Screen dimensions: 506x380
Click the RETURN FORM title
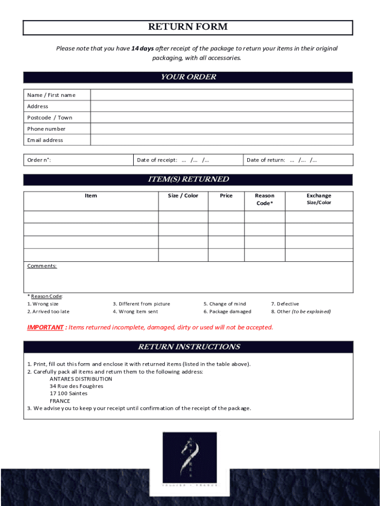tap(188, 27)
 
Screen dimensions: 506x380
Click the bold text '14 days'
tap(143, 48)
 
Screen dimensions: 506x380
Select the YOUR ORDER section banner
tap(188, 77)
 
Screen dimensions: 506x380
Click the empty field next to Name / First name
tap(221, 95)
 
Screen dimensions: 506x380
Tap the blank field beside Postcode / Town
tap(221, 118)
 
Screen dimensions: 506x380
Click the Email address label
tap(45, 140)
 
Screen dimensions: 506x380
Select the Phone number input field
tap(221, 129)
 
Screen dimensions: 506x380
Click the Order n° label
tap(39, 160)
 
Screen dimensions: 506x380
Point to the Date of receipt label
tap(157, 160)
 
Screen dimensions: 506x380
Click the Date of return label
tap(266, 160)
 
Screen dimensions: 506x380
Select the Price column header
tap(226, 196)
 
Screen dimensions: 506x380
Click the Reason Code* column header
tap(265, 199)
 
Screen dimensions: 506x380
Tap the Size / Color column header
tap(183, 196)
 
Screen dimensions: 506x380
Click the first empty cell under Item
tap(91, 217)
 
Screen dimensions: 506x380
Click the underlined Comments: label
tap(42, 266)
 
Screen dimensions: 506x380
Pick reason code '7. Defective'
tap(285, 304)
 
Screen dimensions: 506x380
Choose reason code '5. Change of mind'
tap(225, 304)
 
